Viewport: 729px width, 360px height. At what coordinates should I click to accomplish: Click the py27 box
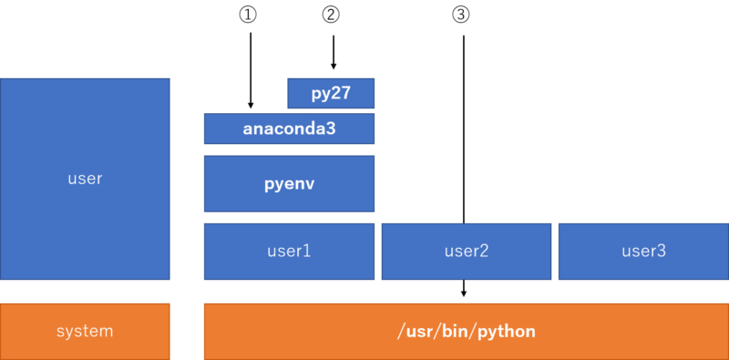coord(331,93)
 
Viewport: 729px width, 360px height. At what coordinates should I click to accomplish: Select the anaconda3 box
coord(289,129)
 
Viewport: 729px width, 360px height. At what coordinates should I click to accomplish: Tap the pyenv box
coord(289,183)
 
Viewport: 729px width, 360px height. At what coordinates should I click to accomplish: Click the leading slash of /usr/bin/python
coord(401,331)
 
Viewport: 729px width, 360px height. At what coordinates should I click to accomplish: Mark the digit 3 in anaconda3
coord(331,129)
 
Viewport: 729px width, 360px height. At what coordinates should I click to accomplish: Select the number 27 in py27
coord(341,93)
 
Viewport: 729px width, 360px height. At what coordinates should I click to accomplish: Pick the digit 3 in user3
coord(662,251)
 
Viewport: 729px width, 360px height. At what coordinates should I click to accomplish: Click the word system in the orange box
coord(85,331)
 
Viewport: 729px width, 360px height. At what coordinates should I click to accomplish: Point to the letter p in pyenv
coord(270,184)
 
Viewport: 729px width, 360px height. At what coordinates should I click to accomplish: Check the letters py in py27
coord(320,94)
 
